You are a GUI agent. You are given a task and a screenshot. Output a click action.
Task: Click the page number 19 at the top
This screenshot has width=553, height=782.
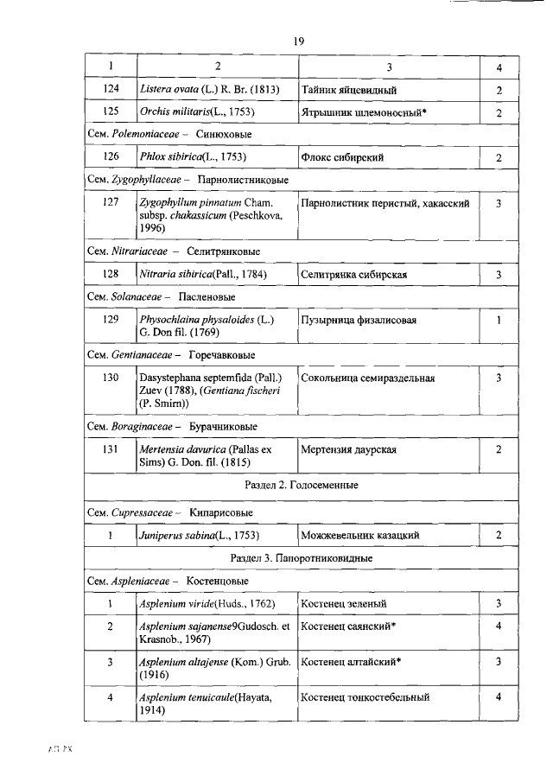(x=299, y=41)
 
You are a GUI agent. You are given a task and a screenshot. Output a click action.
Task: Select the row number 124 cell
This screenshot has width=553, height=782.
(x=110, y=89)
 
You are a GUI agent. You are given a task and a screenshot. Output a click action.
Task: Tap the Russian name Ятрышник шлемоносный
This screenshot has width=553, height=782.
(x=365, y=112)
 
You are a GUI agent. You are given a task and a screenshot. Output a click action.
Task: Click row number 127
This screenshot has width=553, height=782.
(x=110, y=204)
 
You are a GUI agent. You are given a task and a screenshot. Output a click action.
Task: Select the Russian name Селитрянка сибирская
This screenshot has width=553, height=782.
(x=355, y=275)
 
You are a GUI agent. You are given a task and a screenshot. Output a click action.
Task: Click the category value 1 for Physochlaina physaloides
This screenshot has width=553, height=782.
(x=499, y=320)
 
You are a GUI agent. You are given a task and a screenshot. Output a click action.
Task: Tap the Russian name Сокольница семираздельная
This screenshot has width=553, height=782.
(x=368, y=378)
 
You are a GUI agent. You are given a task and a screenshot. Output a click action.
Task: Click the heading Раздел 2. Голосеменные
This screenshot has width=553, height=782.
(x=302, y=485)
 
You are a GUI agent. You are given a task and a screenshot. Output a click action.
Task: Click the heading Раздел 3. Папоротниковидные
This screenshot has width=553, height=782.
(x=302, y=558)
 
